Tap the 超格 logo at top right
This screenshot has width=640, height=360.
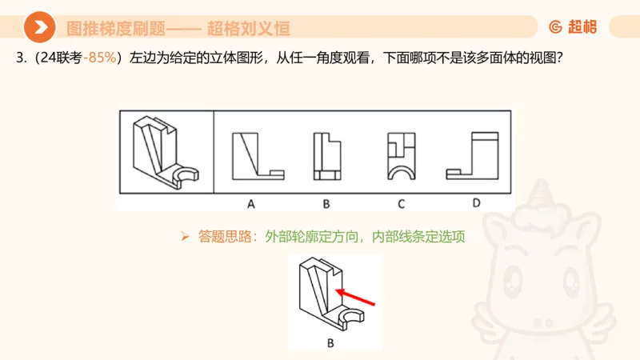click(x=573, y=27)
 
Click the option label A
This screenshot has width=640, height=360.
click(x=250, y=203)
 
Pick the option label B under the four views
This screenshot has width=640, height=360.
click(x=326, y=203)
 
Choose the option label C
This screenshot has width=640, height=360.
click(x=401, y=203)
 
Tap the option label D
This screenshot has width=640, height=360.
click(x=476, y=202)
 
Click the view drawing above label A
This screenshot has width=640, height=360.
click(x=257, y=155)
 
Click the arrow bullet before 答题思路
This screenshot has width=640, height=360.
click(x=185, y=237)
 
